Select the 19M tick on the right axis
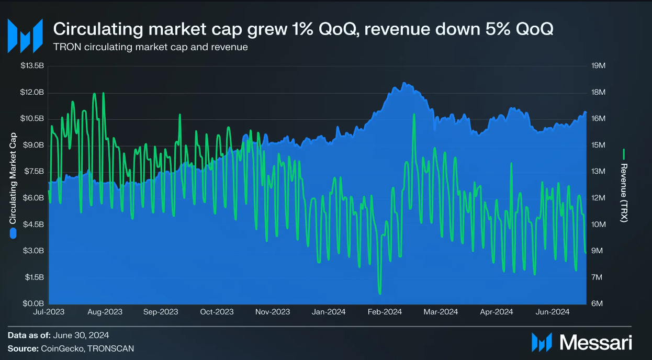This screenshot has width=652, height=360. [x=598, y=66]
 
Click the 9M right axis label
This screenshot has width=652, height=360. [x=598, y=251]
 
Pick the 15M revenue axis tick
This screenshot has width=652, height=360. [x=598, y=145]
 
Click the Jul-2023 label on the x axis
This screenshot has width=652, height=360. [x=48, y=312]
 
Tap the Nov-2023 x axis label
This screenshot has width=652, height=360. [x=272, y=312]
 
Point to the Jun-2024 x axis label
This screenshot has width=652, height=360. [x=552, y=312]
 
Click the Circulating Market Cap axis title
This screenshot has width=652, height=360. [x=13, y=177]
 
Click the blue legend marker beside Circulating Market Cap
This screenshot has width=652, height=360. [x=13, y=233]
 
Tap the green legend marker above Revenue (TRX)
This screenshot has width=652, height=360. [x=624, y=155]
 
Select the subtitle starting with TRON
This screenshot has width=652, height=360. [x=150, y=47]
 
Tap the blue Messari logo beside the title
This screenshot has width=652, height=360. [x=24, y=35]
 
